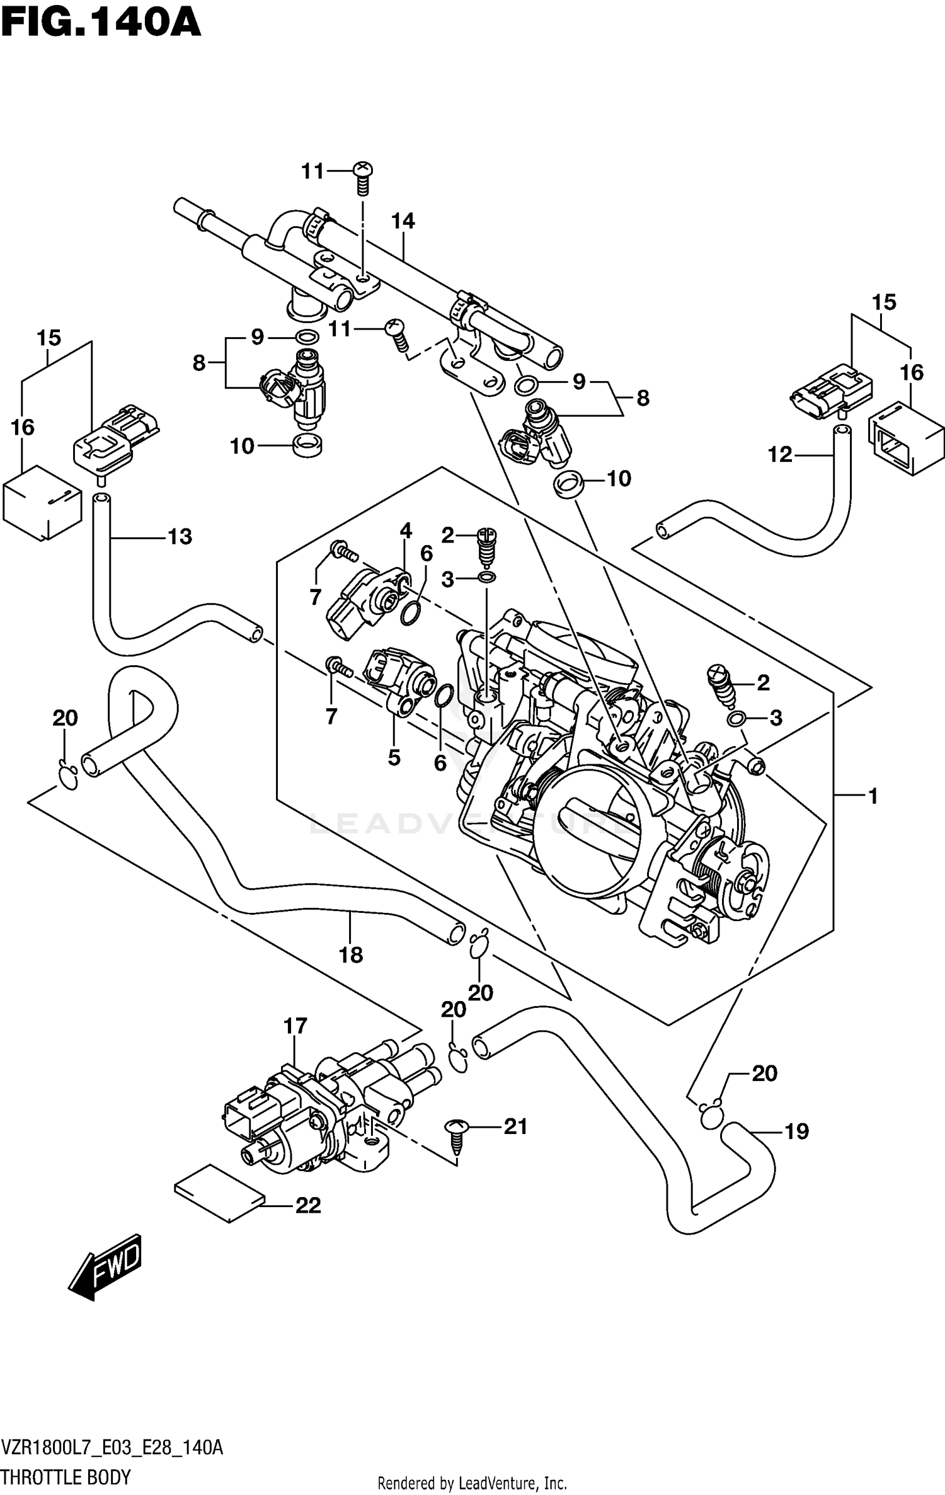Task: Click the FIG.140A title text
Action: pyautogui.click(x=101, y=24)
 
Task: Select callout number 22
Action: pyautogui.click(x=308, y=1205)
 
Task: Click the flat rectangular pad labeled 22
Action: pyautogui.click(x=219, y=1193)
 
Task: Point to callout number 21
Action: pyautogui.click(x=515, y=1126)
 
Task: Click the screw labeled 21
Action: pyautogui.click(x=457, y=1135)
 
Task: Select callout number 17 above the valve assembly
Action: pyautogui.click(x=295, y=1026)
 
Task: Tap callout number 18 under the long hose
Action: pyautogui.click(x=351, y=955)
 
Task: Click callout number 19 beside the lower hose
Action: pyautogui.click(x=796, y=1131)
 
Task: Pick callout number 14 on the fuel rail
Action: pyautogui.click(x=403, y=221)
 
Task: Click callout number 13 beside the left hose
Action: pyautogui.click(x=180, y=537)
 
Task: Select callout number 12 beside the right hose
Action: pyautogui.click(x=779, y=454)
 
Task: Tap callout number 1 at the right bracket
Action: pyautogui.click(x=873, y=797)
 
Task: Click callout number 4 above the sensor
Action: pyautogui.click(x=406, y=531)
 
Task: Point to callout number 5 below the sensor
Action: pyautogui.click(x=394, y=757)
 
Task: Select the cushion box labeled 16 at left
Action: pyautogui.click(x=42, y=503)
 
